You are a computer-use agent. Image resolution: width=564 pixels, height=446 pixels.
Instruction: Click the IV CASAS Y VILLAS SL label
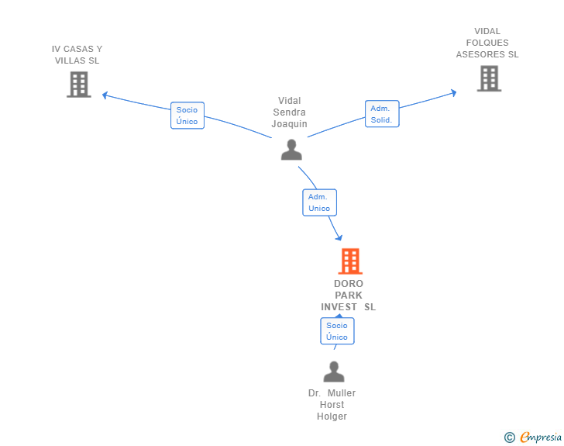pos(77,54)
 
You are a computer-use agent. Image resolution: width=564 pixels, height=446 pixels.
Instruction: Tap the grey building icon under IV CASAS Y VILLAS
pos(79,85)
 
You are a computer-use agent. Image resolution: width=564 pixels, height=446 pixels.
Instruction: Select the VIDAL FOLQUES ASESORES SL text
pos(487,43)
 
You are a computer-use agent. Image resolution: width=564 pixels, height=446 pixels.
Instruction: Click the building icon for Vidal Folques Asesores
pos(489,78)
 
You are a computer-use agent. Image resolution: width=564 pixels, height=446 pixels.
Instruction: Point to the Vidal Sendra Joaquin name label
pos(290,112)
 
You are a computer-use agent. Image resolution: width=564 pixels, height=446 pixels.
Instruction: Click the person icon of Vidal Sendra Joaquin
pos(291,150)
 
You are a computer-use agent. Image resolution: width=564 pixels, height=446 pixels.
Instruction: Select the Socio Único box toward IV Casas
pos(187,116)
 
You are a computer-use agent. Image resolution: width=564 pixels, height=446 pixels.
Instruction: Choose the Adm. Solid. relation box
pos(382,114)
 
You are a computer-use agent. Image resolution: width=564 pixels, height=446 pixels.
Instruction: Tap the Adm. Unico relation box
pos(319,202)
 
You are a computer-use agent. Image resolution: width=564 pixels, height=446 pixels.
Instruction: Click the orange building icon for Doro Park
pos(350,261)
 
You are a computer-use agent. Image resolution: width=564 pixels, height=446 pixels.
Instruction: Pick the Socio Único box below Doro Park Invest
pos(337,331)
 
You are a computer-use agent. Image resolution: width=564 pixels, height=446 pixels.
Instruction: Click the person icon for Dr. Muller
pos(334,372)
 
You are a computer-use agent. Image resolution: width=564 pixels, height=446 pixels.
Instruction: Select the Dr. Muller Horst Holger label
pos(332,405)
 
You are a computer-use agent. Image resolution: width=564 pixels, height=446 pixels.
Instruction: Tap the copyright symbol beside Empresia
pos(510,437)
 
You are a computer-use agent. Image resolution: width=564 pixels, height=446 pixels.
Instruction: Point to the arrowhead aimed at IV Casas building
pos(105,95)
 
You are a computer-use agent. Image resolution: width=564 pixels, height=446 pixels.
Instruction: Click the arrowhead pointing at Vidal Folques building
pos(452,93)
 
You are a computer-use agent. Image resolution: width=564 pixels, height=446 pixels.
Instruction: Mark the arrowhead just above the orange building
pos(339,237)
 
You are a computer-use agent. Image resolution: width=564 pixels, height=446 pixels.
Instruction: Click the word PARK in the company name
pos(349,296)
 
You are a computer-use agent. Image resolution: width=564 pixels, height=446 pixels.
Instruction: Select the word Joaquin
pos(290,124)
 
